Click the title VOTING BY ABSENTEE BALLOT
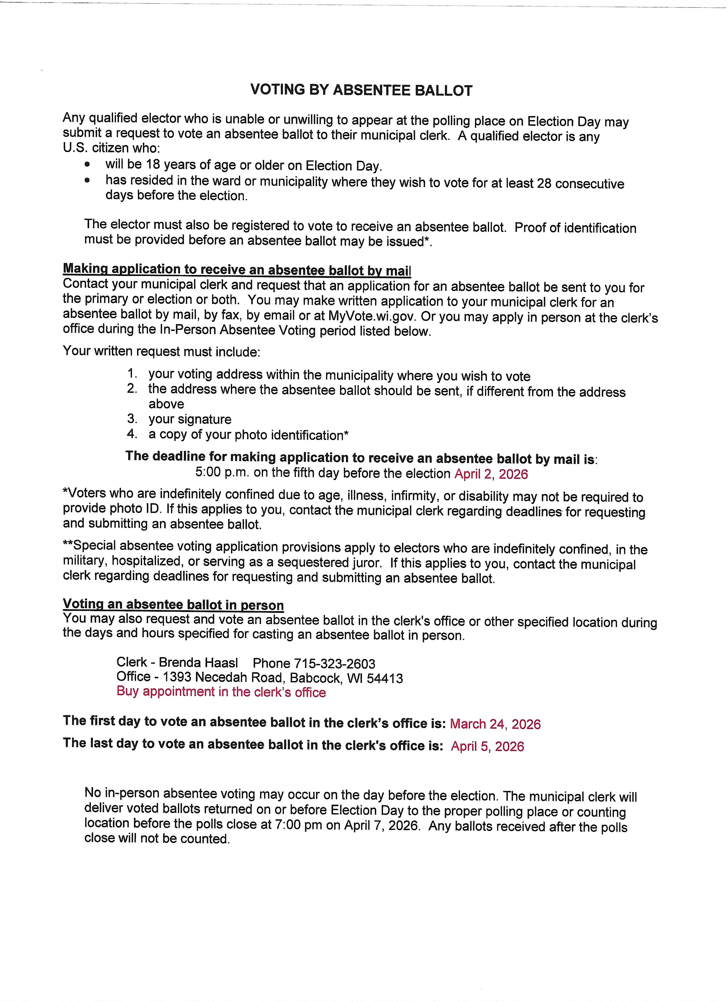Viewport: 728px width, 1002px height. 361,90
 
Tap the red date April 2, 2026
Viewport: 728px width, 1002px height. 491,474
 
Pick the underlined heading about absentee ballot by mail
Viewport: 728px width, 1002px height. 237,269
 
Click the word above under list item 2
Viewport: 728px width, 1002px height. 166,404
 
